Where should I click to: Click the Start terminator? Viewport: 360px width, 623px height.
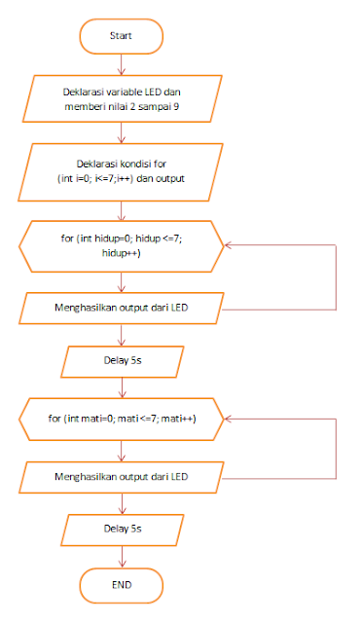[x=121, y=35]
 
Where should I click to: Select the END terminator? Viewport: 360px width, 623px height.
[x=121, y=584]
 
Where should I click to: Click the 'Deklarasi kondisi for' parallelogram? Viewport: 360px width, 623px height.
[x=121, y=171]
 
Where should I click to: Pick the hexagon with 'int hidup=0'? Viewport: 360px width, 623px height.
[x=121, y=243]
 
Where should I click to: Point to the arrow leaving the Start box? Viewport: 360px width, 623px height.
[x=121, y=62]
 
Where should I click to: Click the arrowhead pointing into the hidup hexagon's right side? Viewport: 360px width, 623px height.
[x=227, y=243]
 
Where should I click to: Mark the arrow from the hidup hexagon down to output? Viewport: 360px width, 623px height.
[x=121, y=280]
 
